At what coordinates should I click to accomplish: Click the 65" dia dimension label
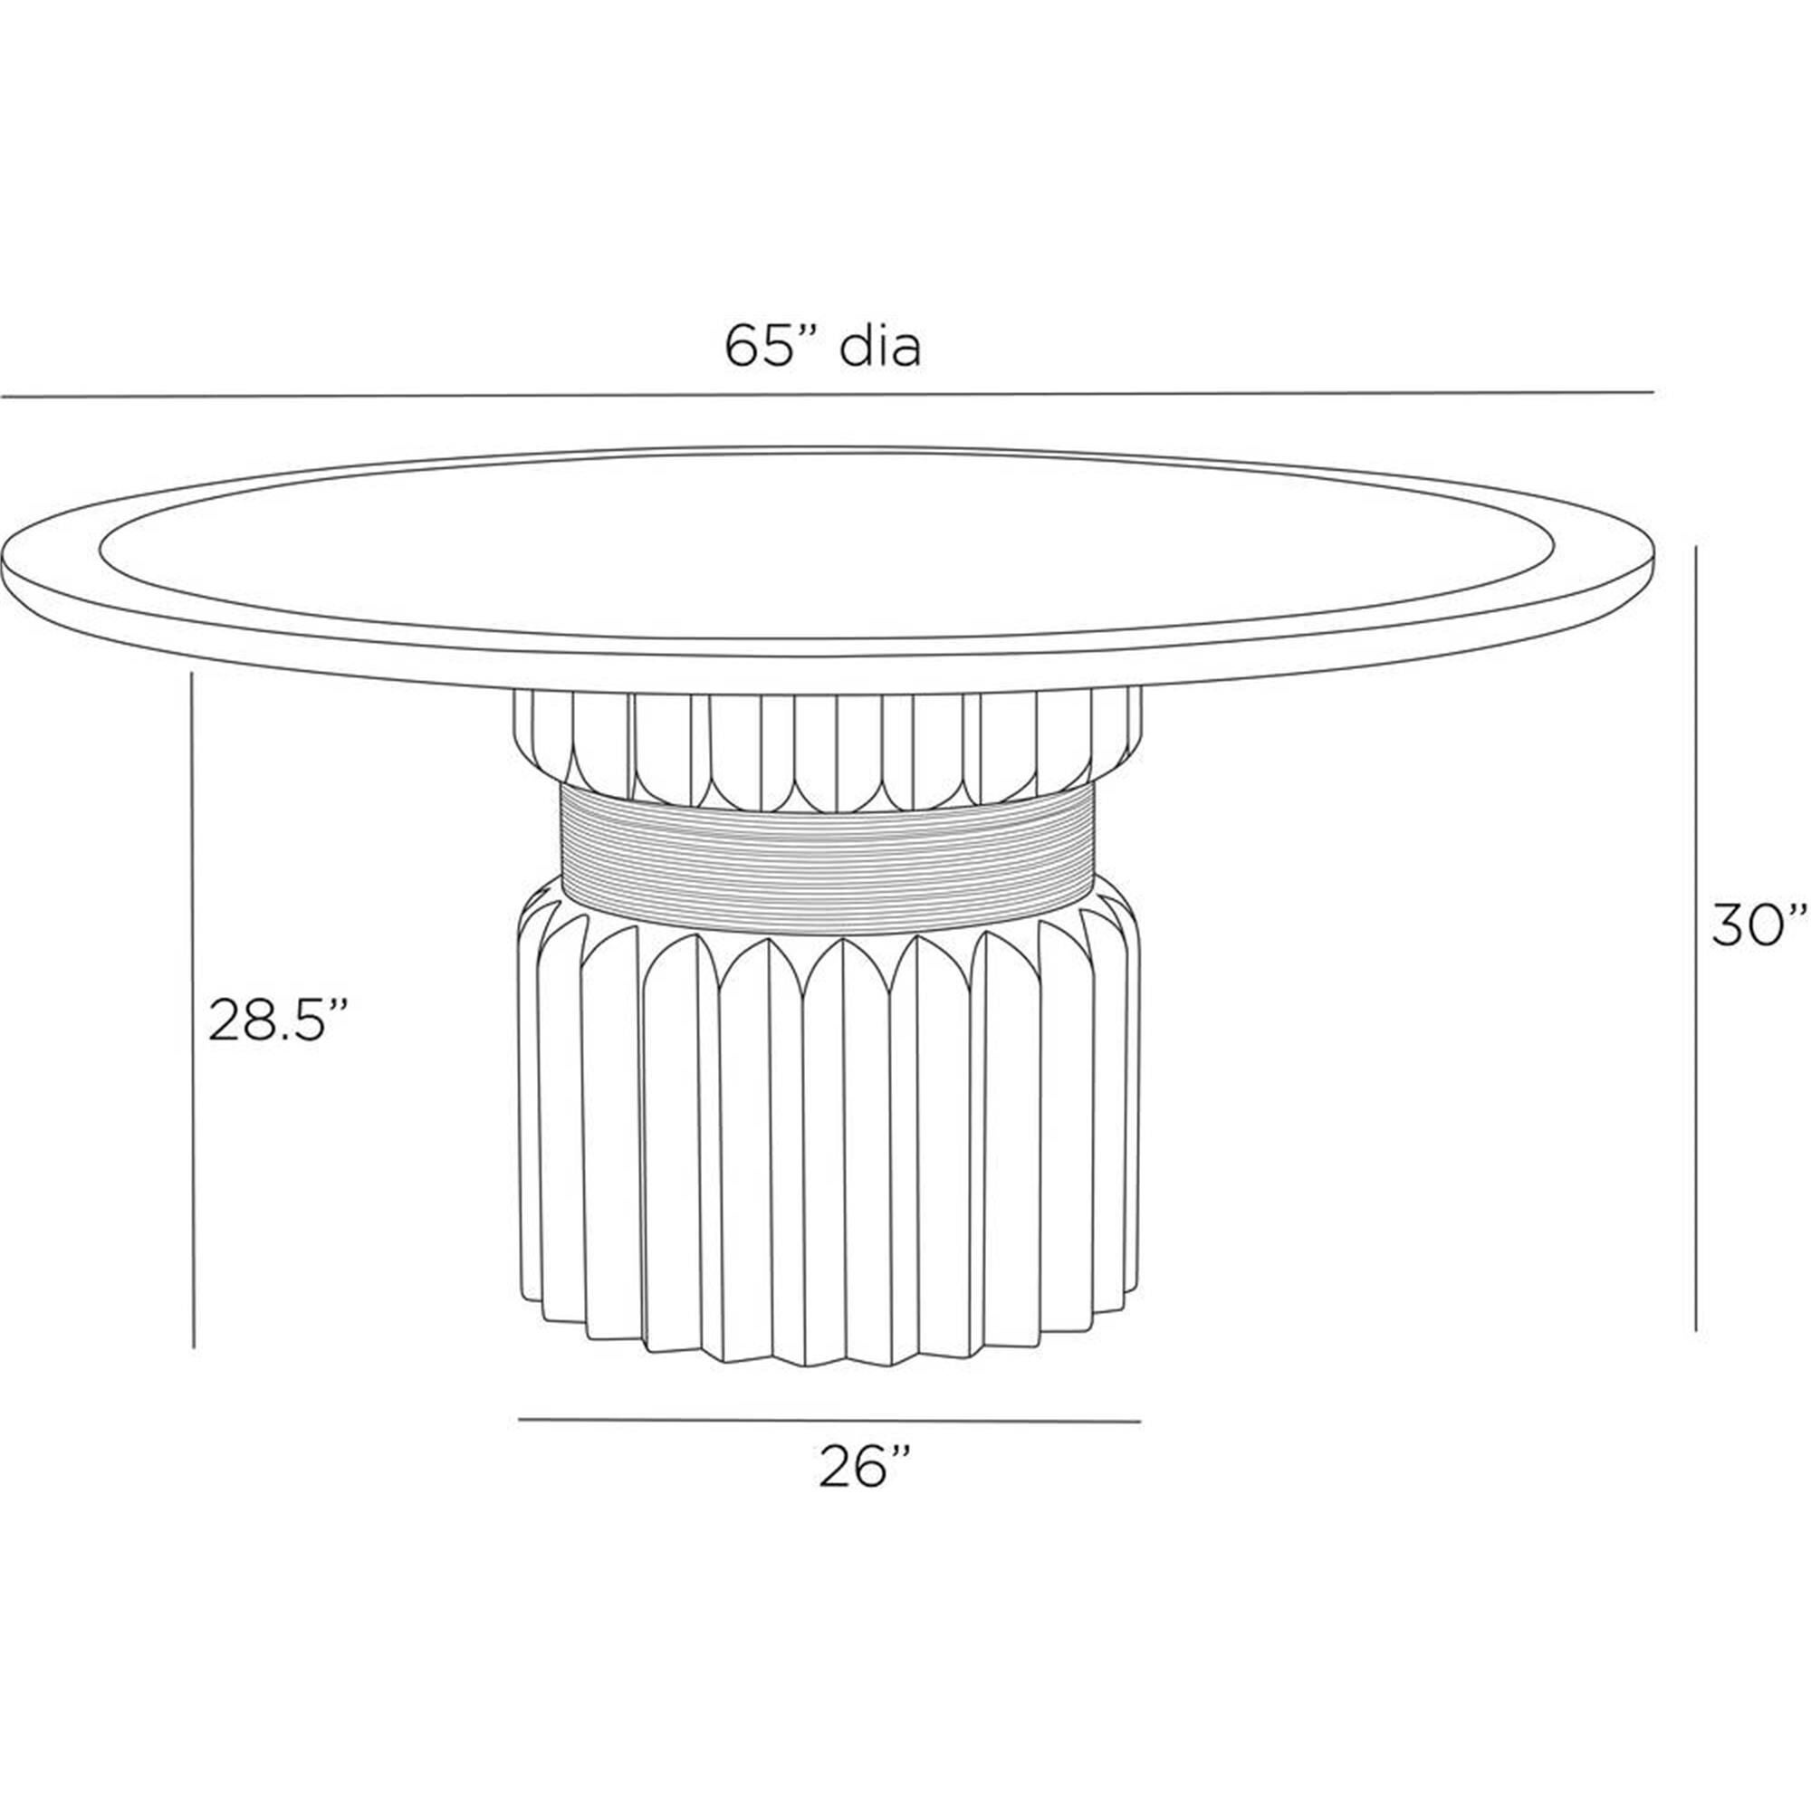point(823,348)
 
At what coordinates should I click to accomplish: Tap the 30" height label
point(1758,925)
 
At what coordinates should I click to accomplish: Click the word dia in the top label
point(880,348)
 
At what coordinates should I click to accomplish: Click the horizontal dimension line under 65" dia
point(826,395)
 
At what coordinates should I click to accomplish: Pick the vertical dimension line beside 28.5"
point(192,1011)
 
